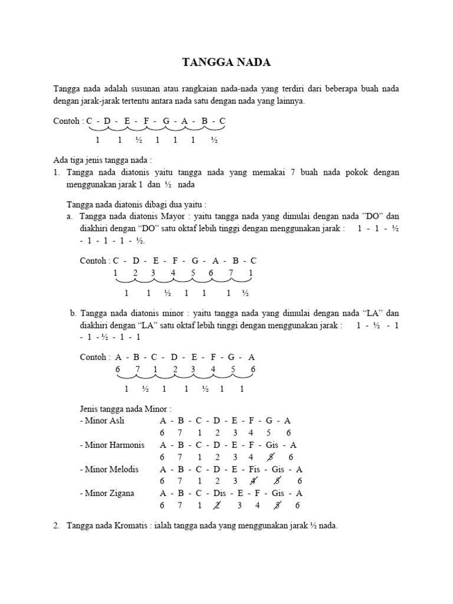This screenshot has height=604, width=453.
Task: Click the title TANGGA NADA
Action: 226,63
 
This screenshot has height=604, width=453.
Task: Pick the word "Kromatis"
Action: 127,525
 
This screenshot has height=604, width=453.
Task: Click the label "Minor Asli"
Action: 104,421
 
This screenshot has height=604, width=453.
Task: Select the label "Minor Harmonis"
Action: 111,445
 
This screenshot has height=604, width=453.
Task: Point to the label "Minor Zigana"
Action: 108,493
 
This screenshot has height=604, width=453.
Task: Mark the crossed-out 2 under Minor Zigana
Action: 216,505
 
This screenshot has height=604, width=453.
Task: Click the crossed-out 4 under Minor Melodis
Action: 254,481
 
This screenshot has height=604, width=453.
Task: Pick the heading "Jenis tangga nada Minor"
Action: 126,409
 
